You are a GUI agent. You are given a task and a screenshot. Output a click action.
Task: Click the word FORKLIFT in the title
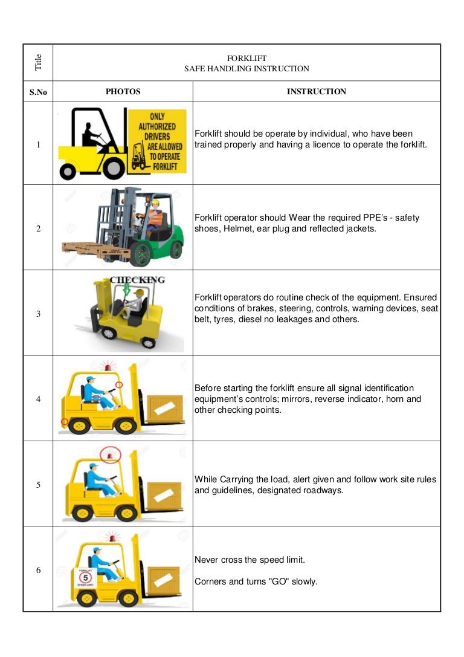(246, 58)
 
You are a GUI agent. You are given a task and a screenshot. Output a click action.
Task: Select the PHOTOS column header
(123, 92)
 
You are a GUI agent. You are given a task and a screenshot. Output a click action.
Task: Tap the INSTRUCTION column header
(316, 92)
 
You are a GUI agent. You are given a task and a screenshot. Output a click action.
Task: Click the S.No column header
(38, 92)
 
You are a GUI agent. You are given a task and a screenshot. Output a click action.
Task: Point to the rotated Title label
(39, 62)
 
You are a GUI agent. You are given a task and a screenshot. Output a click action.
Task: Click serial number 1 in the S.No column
(38, 145)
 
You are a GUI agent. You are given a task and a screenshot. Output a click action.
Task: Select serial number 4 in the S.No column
(38, 399)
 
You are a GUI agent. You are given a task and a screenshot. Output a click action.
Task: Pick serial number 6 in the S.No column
(38, 570)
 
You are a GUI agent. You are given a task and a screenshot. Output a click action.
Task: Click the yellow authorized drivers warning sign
(158, 140)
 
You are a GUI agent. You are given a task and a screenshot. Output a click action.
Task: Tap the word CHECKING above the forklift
(137, 279)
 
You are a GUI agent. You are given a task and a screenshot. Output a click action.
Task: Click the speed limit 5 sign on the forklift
(84, 577)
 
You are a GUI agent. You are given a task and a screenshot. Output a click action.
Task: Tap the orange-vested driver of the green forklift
(155, 216)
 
